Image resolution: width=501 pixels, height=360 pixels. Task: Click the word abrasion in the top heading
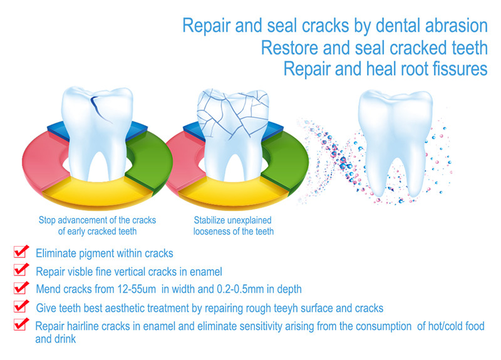(457, 26)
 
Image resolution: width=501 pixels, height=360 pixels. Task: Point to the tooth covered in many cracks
(233, 134)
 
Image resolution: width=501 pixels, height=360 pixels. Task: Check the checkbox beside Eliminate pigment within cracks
(21, 252)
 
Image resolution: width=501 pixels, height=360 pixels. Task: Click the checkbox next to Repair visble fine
(21, 270)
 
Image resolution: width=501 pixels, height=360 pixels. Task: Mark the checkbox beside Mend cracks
(21, 288)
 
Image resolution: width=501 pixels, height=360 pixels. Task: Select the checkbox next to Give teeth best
(21, 306)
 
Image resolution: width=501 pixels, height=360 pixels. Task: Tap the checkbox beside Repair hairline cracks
(21, 324)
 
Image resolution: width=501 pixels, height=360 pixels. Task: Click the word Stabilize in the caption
(209, 220)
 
